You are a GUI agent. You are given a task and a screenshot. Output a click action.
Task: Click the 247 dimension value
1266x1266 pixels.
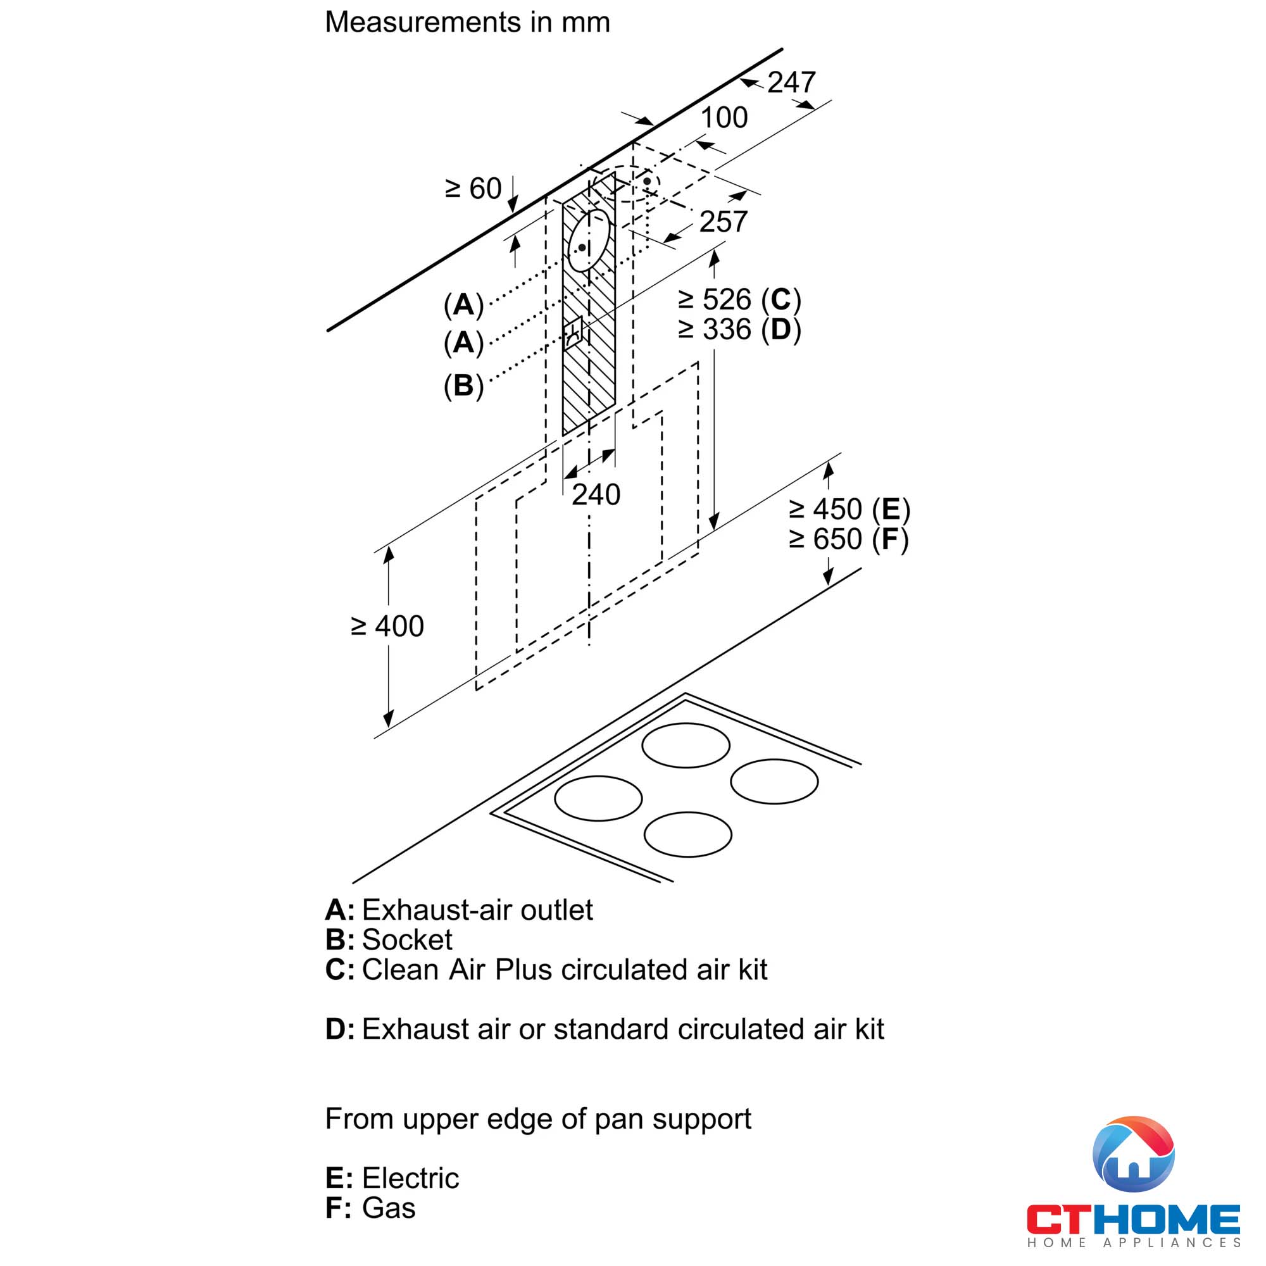click(x=791, y=82)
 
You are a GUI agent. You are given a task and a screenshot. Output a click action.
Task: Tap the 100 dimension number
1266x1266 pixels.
click(x=724, y=118)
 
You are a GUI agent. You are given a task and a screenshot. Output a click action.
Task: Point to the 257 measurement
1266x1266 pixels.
click(x=723, y=222)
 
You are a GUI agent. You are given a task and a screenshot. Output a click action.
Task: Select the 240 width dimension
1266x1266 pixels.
click(x=596, y=495)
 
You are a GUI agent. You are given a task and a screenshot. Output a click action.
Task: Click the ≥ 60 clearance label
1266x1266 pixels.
click(x=473, y=189)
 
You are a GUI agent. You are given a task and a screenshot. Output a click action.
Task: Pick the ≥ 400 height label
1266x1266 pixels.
click(x=387, y=627)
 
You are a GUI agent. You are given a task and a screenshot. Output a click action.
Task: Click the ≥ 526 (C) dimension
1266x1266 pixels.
click(x=739, y=300)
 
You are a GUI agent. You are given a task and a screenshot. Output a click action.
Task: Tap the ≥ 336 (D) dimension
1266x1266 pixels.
click(x=739, y=330)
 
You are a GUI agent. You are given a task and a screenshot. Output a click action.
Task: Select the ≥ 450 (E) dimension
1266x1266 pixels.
click(x=849, y=510)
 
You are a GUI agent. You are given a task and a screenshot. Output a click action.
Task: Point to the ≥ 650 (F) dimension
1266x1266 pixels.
click(x=849, y=539)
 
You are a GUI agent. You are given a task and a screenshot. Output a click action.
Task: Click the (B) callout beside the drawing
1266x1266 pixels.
click(x=463, y=385)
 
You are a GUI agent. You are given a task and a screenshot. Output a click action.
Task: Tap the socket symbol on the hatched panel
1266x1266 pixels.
click(x=573, y=332)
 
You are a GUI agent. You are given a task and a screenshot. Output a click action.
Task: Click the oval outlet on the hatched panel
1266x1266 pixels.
click(x=589, y=241)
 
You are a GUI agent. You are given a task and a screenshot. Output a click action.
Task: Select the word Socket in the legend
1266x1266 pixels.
click(x=407, y=939)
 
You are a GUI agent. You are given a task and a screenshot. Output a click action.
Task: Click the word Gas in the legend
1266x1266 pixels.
click(x=389, y=1208)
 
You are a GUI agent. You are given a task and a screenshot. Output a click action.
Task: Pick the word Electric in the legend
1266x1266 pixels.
click(x=410, y=1178)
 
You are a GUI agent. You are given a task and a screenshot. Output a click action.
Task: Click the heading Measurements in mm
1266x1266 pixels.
click(x=467, y=22)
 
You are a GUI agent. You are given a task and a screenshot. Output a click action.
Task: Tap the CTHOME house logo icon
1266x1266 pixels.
click(x=1133, y=1155)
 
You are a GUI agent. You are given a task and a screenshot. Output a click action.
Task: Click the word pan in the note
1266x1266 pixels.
click(x=620, y=1119)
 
